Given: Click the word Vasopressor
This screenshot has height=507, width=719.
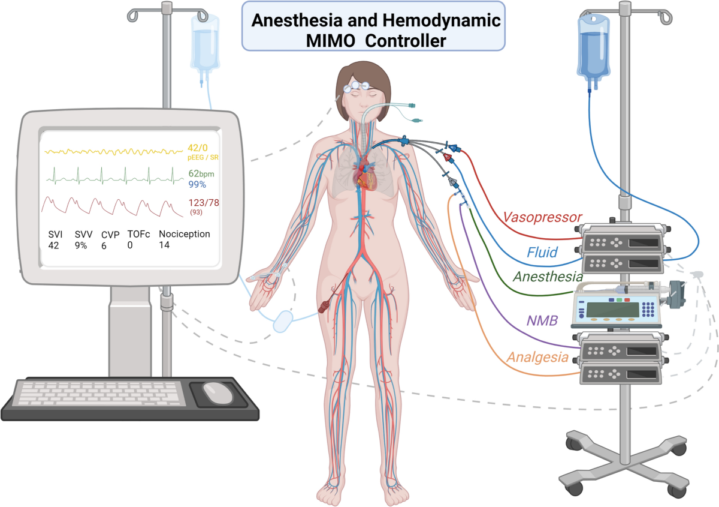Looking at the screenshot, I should click(542, 216).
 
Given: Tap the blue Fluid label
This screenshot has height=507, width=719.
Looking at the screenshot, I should click(542, 252).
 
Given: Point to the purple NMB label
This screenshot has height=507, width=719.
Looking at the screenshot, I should click(542, 320).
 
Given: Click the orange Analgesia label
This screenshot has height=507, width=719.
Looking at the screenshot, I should click(537, 357).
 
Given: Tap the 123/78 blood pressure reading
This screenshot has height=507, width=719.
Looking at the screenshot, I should click(203, 203).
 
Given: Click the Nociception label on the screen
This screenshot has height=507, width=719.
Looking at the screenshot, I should click(185, 234).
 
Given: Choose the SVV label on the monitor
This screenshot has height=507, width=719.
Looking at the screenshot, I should click(84, 234).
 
